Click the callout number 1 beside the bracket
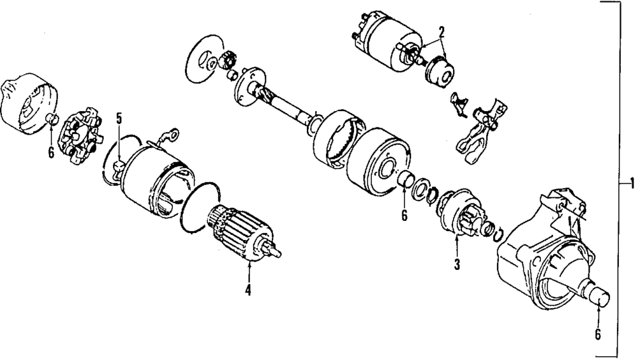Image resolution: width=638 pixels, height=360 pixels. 632,184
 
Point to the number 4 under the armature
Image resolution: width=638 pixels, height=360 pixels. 248,291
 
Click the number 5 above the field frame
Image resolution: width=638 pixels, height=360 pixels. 119,117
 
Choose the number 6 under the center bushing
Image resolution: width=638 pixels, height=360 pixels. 404,216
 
